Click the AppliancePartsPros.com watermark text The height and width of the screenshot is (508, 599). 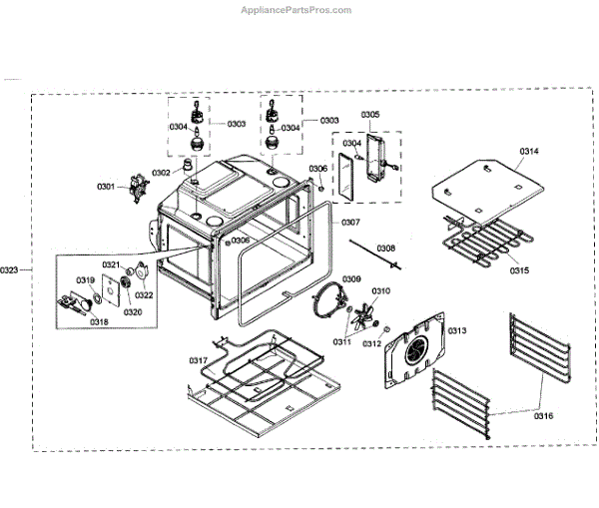pyautogui.click(x=297, y=10)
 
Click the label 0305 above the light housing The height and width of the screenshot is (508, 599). pyautogui.click(x=369, y=115)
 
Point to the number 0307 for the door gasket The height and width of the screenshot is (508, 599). pyautogui.click(x=350, y=222)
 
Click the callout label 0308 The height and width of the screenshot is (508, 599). pyautogui.click(x=385, y=248)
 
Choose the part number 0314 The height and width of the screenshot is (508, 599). pyautogui.click(x=528, y=151)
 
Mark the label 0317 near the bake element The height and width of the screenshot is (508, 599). pyautogui.click(x=201, y=360)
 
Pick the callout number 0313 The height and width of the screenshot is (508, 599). pyautogui.click(x=457, y=330)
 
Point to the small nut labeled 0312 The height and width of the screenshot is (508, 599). pyautogui.click(x=386, y=330)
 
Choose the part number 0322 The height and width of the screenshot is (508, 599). pyautogui.click(x=144, y=294)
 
